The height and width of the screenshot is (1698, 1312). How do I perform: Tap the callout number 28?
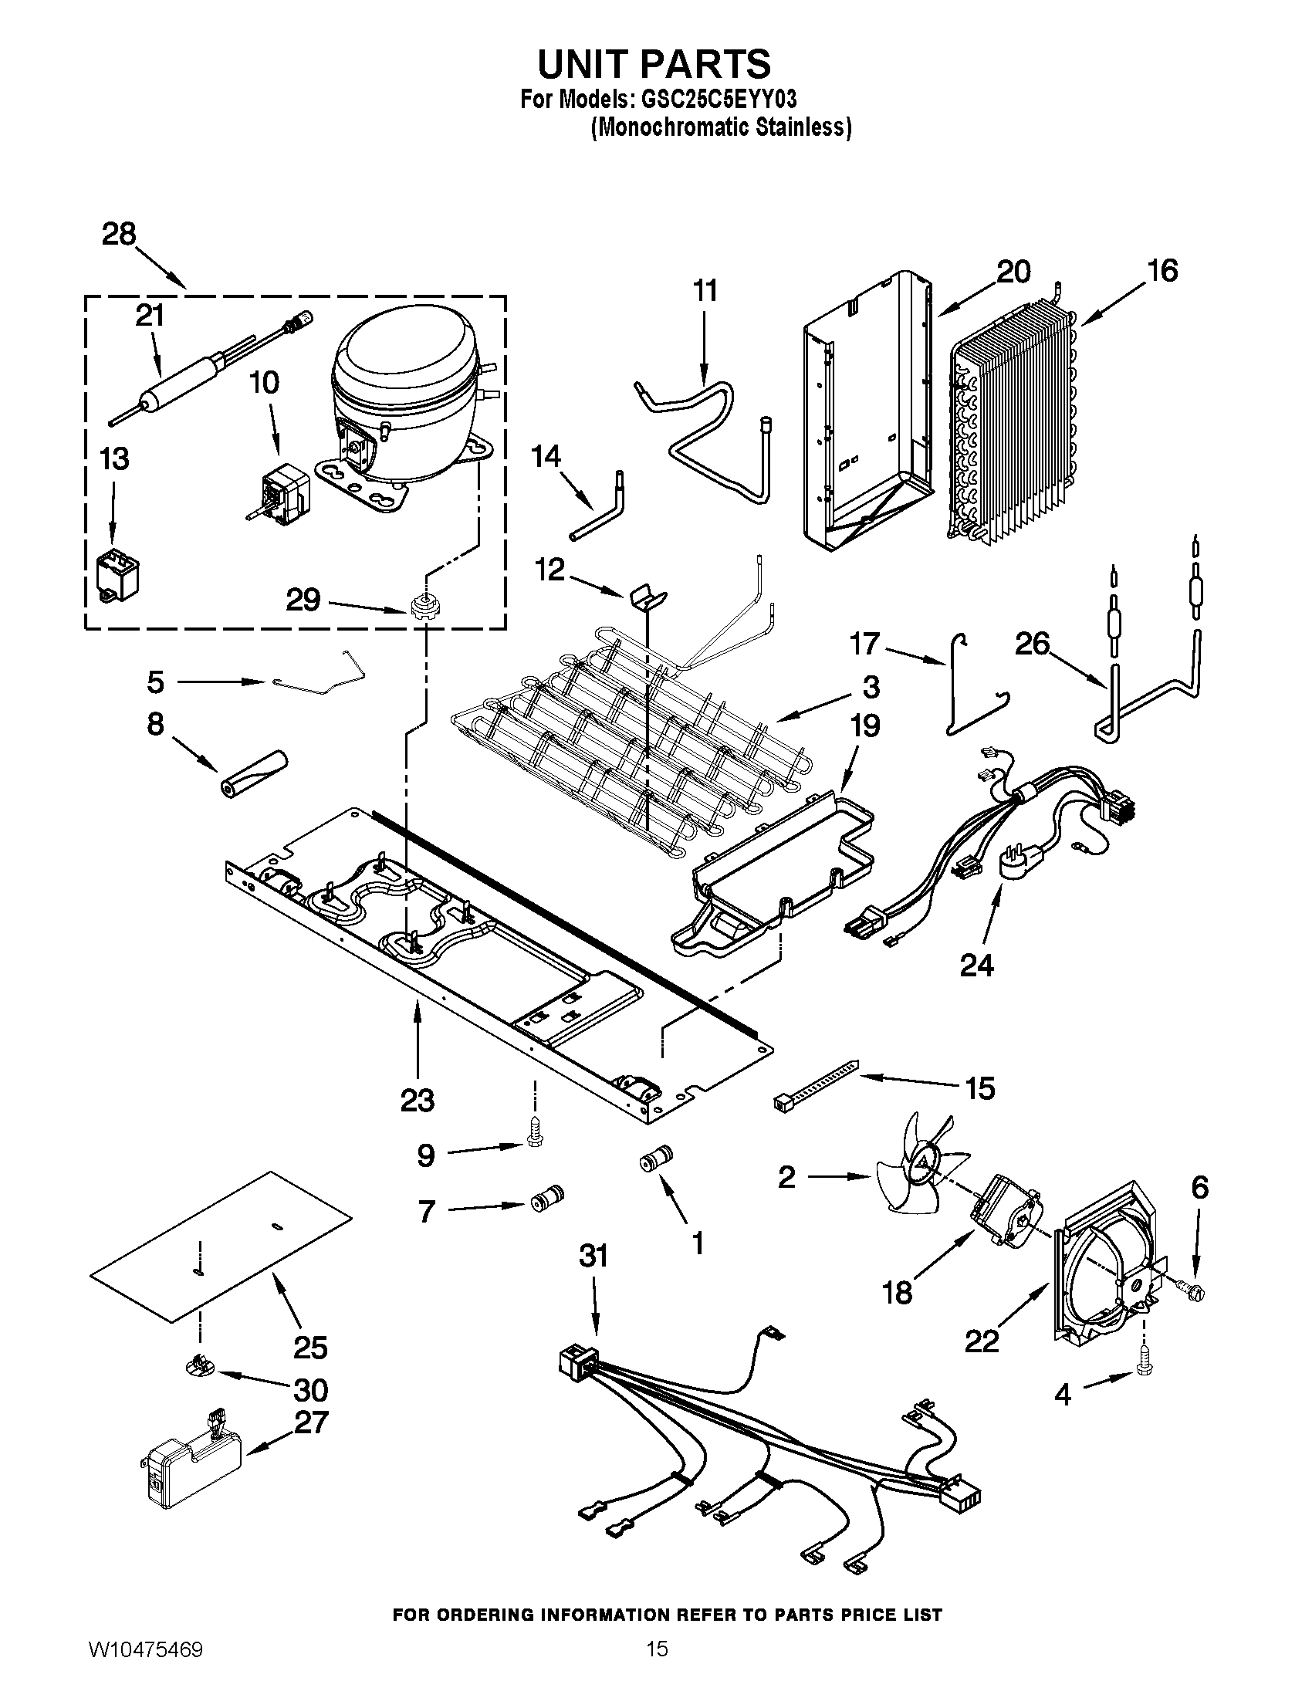119,234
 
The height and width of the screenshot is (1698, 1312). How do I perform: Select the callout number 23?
418,1101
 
